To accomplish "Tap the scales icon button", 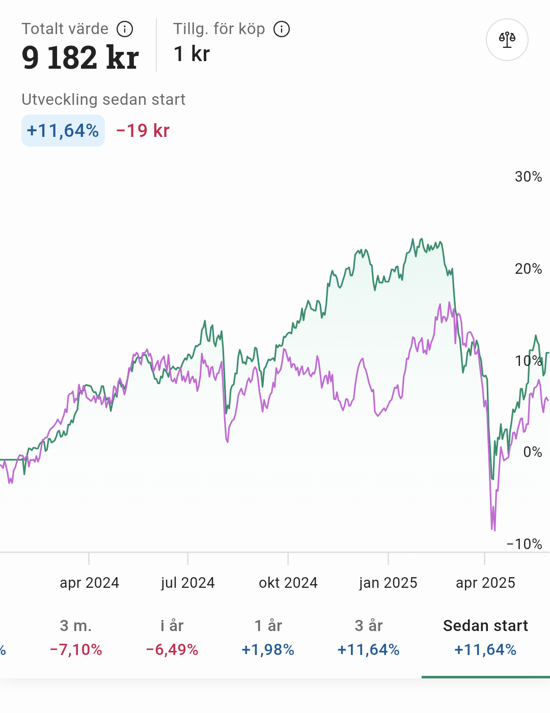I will point(507,40).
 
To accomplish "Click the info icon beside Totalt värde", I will point(125,29).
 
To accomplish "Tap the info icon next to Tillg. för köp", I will point(282,29).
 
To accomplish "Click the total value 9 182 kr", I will point(80,57).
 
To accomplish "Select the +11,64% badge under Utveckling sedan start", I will point(63,131).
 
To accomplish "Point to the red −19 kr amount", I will point(143,131).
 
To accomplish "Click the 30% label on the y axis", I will point(528,177).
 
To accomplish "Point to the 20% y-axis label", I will point(528,269).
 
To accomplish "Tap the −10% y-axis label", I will point(524,544).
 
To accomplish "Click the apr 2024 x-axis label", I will point(89,583).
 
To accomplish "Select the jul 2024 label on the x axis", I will point(188,583).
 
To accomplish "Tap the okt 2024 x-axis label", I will point(288,583).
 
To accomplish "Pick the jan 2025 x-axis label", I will point(388,583).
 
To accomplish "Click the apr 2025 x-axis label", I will point(485,583).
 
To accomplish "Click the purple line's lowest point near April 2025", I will point(494,530).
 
